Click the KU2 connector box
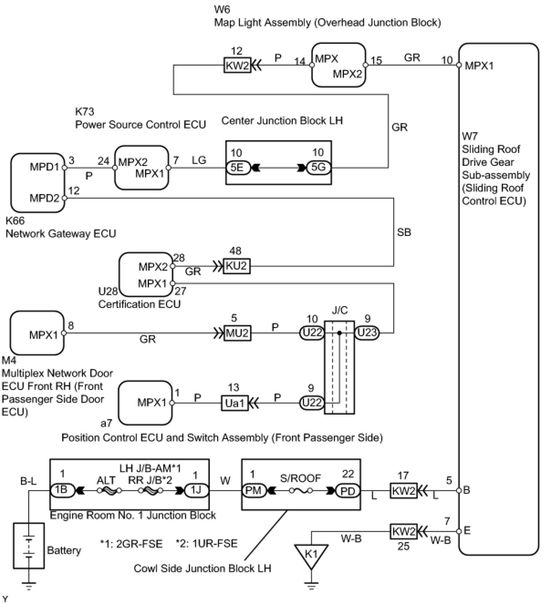(x=236, y=266)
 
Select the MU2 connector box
(x=237, y=333)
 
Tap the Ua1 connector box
(x=234, y=403)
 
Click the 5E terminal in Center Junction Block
(x=238, y=168)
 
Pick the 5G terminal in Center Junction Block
(x=318, y=168)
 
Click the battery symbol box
(x=29, y=546)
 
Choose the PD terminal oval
(x=348, y=491)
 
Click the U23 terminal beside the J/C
(x=367, y=333)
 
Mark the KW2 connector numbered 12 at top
(x=237, y=65)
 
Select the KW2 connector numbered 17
(x=404, y=491)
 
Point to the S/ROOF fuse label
(x=301, y=478)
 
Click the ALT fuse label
(x=106, y=480)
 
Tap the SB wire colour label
(x=404, y=232)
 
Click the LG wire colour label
(x=199, y=160)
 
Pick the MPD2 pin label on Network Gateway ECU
(x=44, y=198)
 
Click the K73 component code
(x=85, y=112)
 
